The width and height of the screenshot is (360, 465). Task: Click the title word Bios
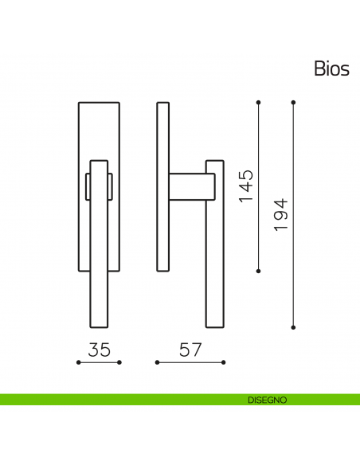[331, 68]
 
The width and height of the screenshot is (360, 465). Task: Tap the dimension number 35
[100, 350]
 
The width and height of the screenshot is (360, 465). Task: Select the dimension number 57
[190, 350]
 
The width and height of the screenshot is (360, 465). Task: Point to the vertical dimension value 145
[246, 186]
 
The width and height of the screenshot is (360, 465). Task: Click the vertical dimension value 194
[281, 215]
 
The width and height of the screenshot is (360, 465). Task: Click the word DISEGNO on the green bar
[267, 400]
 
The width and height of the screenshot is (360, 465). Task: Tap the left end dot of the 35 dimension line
[79, 362]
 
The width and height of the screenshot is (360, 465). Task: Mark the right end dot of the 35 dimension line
[119, 362]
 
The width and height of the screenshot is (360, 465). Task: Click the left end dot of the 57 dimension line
[157, 362]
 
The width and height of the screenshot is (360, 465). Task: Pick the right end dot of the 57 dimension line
[224, 362]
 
